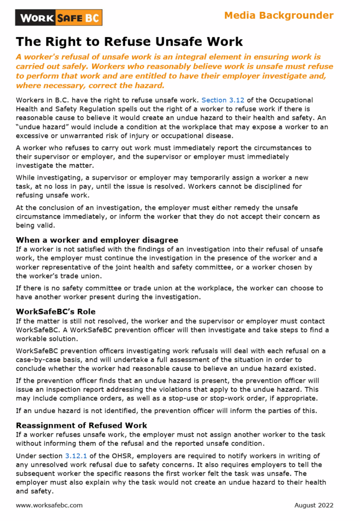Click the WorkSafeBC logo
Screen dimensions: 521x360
point(59,18)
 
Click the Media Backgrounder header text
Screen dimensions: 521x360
point(279,15)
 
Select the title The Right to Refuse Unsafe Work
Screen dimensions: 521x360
point(129,41)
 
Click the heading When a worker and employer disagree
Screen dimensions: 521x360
point(97,240)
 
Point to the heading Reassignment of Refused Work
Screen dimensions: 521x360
point(81,425)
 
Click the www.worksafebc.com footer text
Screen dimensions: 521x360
point(49,505)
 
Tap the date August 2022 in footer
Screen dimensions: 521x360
point(314,505)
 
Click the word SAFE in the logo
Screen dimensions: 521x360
point(70,18)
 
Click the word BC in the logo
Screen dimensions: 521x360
point(92,18)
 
